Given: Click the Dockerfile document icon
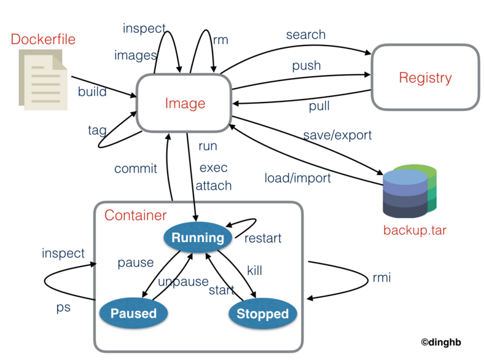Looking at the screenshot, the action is (43, 80).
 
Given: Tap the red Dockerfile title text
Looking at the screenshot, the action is (43, 39).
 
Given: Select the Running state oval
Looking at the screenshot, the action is (198, 237).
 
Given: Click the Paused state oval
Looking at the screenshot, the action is (134, 313).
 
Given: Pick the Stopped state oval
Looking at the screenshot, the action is (263, 313).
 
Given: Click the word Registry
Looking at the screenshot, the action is (426, 78).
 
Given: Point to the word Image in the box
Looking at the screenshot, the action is (185, 103).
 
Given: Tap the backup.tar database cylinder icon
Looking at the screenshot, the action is (410, 191).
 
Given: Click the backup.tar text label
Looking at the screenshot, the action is (415, 230).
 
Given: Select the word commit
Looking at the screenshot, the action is (136, 168).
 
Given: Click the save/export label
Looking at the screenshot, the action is (337, 135).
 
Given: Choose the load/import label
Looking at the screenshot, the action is (297, 178).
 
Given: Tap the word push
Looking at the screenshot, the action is (306, 66).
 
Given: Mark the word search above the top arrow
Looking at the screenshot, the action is (306, 34).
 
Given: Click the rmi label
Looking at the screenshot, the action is (382, 277).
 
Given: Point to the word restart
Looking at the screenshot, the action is (263, 238).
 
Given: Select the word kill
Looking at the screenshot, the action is (255, 270).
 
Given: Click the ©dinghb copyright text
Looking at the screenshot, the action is (441, 342).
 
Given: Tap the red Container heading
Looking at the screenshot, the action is (136, 215).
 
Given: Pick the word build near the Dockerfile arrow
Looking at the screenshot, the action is (92, 92).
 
